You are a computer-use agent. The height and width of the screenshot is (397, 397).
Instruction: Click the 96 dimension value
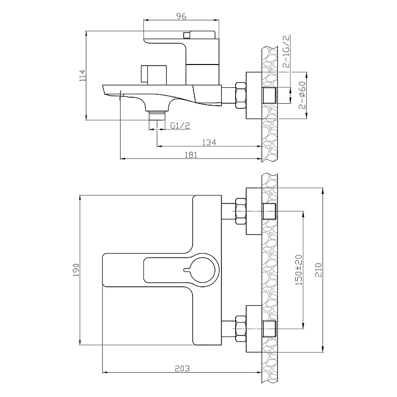181,16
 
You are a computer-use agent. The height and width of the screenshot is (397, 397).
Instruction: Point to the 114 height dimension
83,75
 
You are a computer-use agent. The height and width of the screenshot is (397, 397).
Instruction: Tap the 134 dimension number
209,142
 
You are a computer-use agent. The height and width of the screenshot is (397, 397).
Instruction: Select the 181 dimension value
191,155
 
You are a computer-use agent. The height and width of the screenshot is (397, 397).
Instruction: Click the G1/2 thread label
180,126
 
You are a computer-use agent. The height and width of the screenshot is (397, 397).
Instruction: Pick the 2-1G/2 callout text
286,52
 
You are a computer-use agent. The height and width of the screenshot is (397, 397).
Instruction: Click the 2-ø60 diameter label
302,95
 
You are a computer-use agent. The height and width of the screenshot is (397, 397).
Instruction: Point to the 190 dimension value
76,270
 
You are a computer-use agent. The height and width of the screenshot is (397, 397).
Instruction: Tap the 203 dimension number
182,368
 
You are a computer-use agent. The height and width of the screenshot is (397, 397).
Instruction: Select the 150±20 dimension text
299,270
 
